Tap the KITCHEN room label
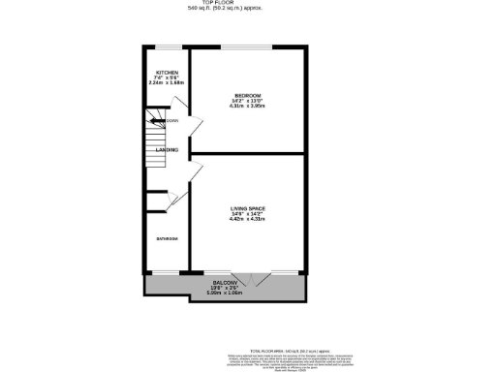[167, 74]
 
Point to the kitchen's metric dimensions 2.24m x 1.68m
[167, 83]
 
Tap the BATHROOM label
[167, 238]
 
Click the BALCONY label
[224, 281]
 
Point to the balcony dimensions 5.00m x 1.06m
[224, 292]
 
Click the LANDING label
[167, 150]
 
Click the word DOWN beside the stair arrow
[172, 121]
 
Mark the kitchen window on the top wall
[169, 46]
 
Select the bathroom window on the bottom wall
[167, 272]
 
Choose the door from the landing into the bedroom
[196, 126]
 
